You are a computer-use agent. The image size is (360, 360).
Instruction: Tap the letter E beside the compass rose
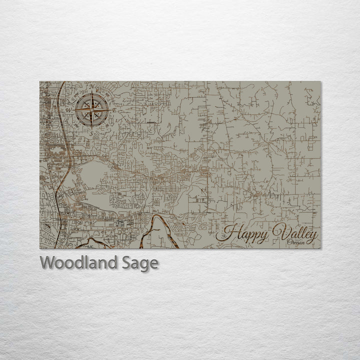pos(114,109)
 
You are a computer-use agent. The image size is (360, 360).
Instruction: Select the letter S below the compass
pos(91,132)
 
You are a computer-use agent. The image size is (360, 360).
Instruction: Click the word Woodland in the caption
pos(79,262)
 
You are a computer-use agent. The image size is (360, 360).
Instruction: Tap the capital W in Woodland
pos(47,262)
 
